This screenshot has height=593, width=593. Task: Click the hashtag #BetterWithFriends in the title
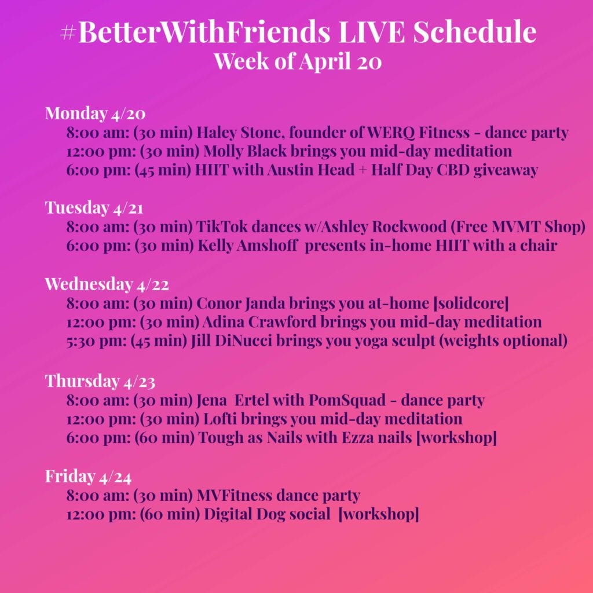click(x=196, y=32)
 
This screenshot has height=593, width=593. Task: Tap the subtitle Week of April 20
click(x=298, y=61)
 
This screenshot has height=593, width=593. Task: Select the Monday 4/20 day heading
click(x=96, y=113)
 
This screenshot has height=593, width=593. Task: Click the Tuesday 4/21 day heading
click(x=94, y=208)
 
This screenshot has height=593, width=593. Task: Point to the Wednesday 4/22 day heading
click(x=107, y=284)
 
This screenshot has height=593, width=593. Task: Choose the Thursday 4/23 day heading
click(x=100, y=381)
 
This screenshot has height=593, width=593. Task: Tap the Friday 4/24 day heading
click(x=88, y=476)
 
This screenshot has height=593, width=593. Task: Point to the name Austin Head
click(x=311, y=170)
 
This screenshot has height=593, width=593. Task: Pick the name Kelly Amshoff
click(x=248, y=246)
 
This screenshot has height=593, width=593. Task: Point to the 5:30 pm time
click(x=97, y=341)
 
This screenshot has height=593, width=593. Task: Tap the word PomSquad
click(x=347, y=400)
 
